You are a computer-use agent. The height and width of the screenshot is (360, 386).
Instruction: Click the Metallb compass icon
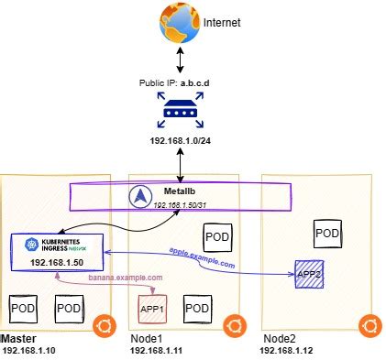click(141, 195)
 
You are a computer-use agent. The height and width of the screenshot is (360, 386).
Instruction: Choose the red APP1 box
click(151, 309)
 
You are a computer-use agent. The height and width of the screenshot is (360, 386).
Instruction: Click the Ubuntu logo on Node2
click(370, 325)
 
